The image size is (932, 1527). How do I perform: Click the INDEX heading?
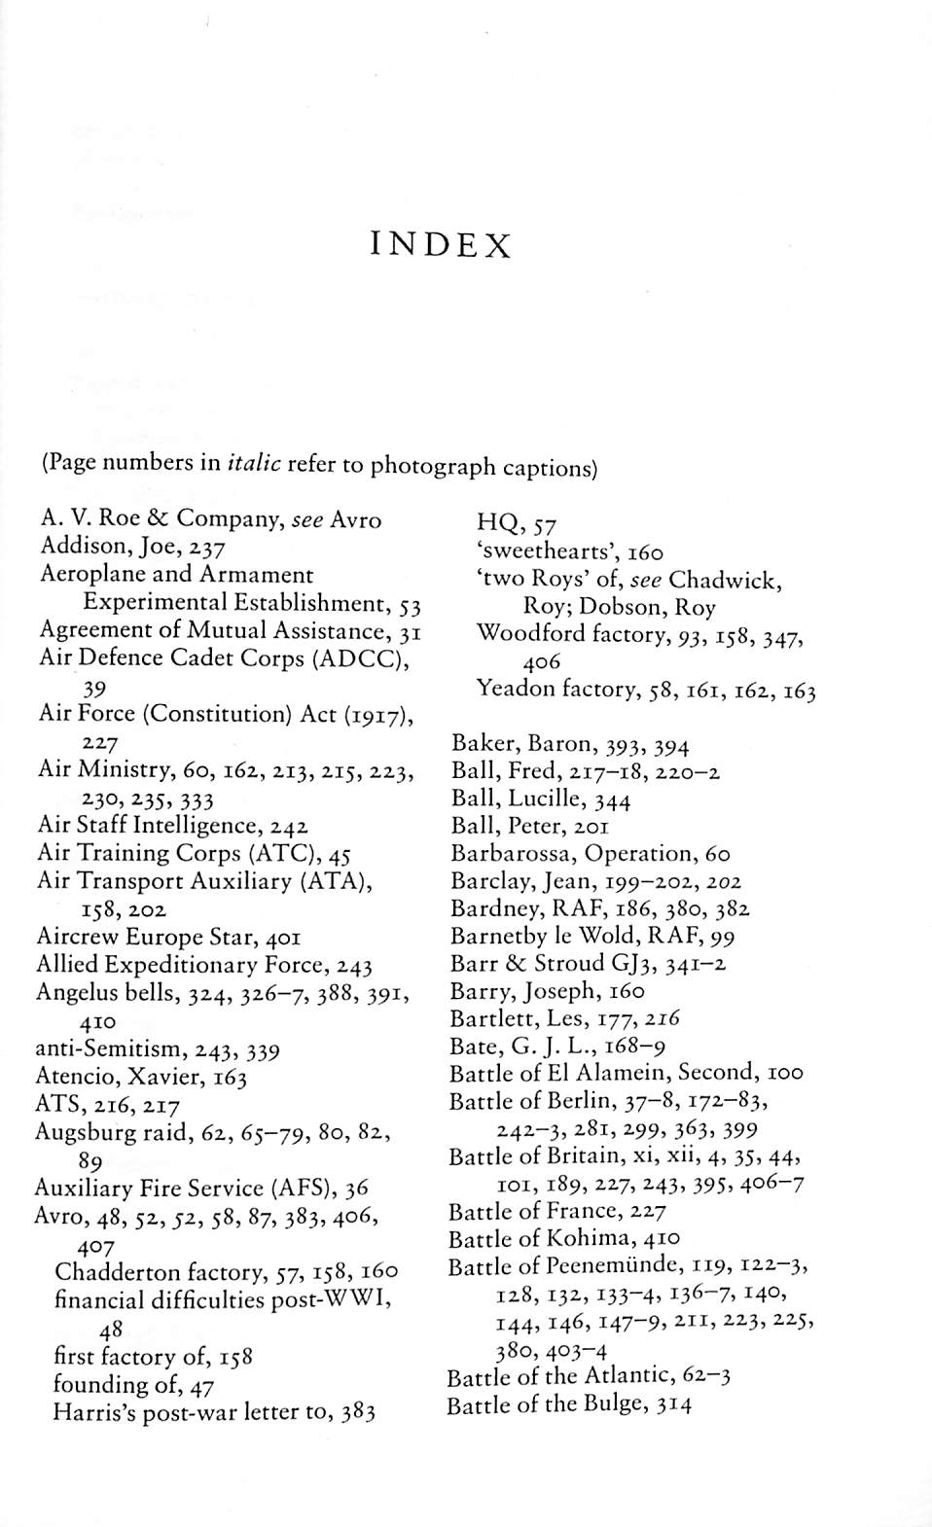pyautogui.click(x=441, y=244)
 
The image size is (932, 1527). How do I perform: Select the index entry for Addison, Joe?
pyautogui.click(x=132, y=546)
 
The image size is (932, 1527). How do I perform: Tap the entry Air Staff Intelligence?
pyautogui.click(x=172, y=827)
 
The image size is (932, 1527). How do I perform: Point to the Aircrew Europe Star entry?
pyautogui.click(x=167, y=938)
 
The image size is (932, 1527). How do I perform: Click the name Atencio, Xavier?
pyautogui.click(x=140, y=1078)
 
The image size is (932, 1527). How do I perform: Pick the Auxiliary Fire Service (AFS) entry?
pyautogui.click(x=201, y=1189)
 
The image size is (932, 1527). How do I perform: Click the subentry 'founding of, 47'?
pyautogui.click(x=133, y=1384)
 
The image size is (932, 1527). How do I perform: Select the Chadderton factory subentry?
pyautogui.click(x=226, y=1272)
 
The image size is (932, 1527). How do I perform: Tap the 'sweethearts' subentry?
pyautogui.click(x=569, y=552)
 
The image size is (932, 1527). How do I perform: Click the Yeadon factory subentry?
pyautogui.click(x=645, y=691)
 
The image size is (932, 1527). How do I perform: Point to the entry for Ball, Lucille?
pyautogui.click(x=540, y=799)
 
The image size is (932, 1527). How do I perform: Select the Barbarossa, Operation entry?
pyautogui.click(x=590, y=854)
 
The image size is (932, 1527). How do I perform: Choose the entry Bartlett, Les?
pyautogui.click(x=564, y=1018)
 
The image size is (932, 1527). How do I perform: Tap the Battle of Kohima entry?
pyautogui.click(x=564, y=1239)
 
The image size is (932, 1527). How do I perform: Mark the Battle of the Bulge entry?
pyautogui.click(x=569, y=1404)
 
